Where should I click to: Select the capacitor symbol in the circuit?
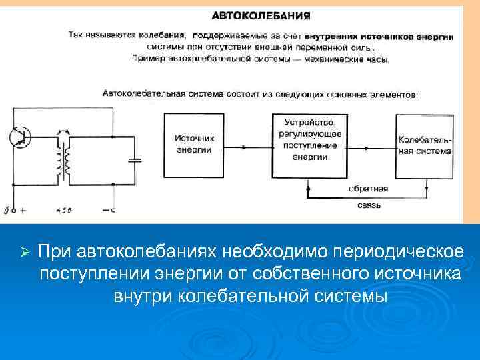[136, 159]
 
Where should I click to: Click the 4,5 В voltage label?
[63, 211]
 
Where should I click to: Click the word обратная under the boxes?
[367, 189]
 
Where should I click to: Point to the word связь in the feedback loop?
[367, 205]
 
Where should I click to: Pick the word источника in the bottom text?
[409, 273]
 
